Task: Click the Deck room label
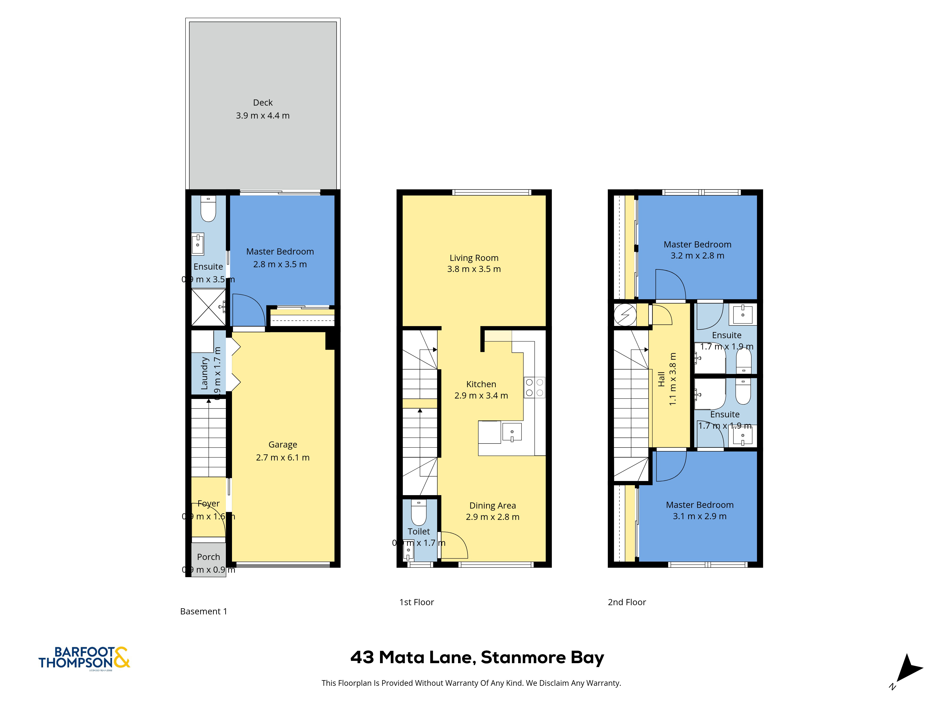(263, 103)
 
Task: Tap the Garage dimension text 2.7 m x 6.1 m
(283, 457)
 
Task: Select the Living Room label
(474, 258)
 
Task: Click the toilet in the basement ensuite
(208, 209)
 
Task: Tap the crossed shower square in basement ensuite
(208, 307)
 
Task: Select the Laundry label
(204, 373)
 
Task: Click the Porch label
(208, 557)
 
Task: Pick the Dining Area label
(492, 506)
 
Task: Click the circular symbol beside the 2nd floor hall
(625, 315)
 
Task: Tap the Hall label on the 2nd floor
(661, 379)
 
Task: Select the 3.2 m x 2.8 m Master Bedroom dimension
(697, 256)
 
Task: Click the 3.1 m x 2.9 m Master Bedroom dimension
(699, 516)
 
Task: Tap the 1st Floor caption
(417, 602)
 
